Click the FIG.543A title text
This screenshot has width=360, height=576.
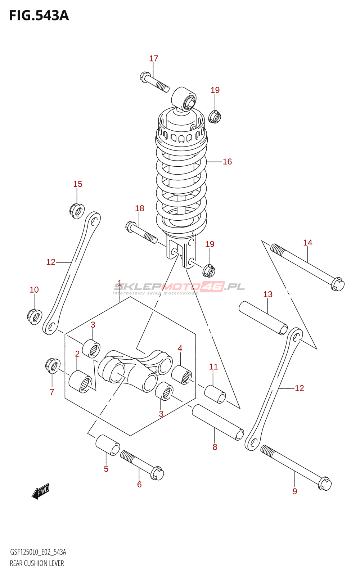coord(39,16)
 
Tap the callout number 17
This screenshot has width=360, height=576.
coord(153,58)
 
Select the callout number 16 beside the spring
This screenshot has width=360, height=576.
coord(227,162)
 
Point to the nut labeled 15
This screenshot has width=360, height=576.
coord(77,211)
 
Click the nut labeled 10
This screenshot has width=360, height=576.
coord(35,317)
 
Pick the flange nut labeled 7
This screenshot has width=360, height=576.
coord(53,365)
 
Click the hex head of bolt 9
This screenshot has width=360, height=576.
coord(325,484)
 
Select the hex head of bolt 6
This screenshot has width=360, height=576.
coord(157,473)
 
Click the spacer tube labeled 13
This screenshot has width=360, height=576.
coord(263,318)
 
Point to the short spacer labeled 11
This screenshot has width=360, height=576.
coord(215,394)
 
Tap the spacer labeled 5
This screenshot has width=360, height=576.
coord(108,445)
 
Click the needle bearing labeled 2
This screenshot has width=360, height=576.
coord(81,381)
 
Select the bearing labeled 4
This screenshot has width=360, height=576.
coord(181,375)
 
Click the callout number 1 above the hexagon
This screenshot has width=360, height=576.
coord(119,283)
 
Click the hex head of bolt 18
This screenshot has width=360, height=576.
coord(131,227)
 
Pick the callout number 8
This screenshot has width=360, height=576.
coord(215,447)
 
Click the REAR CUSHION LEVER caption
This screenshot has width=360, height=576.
coord(37,563)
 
